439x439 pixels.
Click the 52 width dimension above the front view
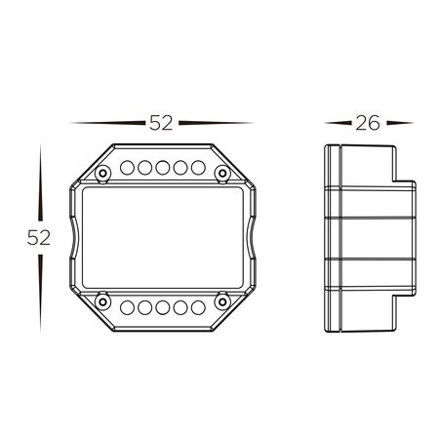click(161, 123)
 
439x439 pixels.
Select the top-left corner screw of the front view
click(101, 174)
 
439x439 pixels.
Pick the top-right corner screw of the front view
click(221, 174)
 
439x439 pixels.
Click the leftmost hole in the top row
click(127, 167)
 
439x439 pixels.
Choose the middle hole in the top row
click(162, 167)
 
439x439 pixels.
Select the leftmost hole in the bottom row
click(127, 308)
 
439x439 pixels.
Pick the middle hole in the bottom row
click(162, 308)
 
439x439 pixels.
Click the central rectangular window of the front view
click(162, 237)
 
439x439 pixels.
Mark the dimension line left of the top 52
click(107, 124)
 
